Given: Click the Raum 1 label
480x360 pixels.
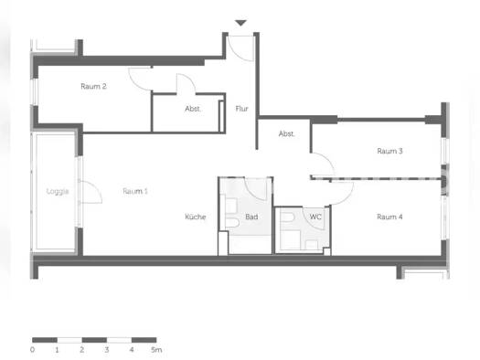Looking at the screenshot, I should [135, 191].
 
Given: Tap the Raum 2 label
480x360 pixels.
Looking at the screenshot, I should [94, 87].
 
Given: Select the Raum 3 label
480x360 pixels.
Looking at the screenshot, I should [390, 151].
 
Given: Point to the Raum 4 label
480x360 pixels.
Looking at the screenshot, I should [389, 217].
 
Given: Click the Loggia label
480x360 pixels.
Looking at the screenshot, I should [58, 192].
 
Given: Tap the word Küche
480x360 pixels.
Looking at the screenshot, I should [196, 217].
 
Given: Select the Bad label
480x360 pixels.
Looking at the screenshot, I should [251, 217].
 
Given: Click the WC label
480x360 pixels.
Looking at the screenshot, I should [315, 217].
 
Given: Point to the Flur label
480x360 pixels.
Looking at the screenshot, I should [241, 109].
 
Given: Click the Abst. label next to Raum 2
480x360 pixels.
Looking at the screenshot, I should [193, 109].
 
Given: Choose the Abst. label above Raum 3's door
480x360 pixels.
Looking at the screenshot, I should [286, 134].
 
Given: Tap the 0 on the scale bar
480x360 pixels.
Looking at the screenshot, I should [32, 349].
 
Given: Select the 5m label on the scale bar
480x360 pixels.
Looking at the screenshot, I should [155, 349].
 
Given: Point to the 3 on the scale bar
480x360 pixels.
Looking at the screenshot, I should [107, 349].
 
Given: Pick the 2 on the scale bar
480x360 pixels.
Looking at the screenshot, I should [81, 349].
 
